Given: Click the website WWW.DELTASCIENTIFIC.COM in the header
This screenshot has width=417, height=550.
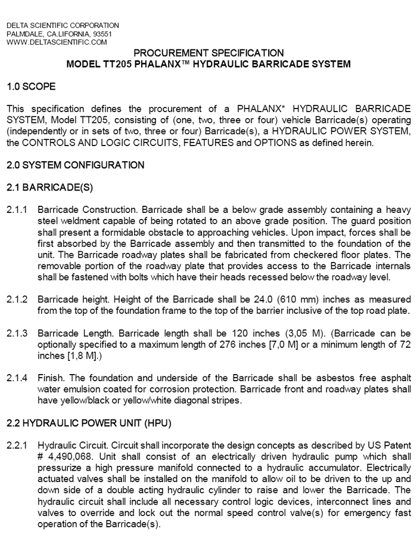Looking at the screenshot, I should coord(57,42).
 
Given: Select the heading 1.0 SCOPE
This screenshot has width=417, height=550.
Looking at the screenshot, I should coord(31,87).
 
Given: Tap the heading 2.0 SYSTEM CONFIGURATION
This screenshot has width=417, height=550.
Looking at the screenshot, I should coord(75,165).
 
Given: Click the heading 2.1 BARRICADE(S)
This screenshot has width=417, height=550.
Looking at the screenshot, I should coord(46,187).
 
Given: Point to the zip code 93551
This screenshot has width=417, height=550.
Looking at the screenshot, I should coord(99,34).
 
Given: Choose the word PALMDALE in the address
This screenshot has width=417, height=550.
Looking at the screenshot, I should coord(24,34).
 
